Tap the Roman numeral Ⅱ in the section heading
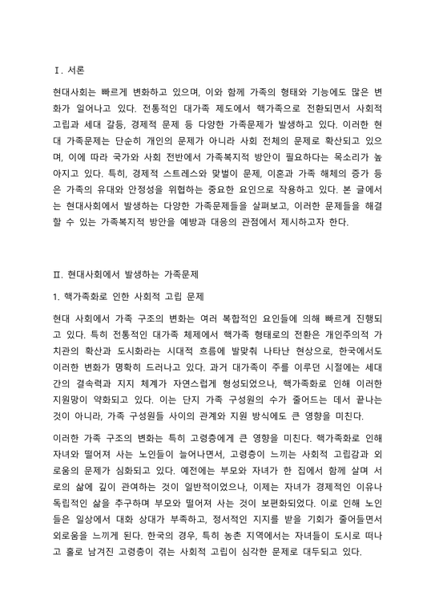click(54, 274)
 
